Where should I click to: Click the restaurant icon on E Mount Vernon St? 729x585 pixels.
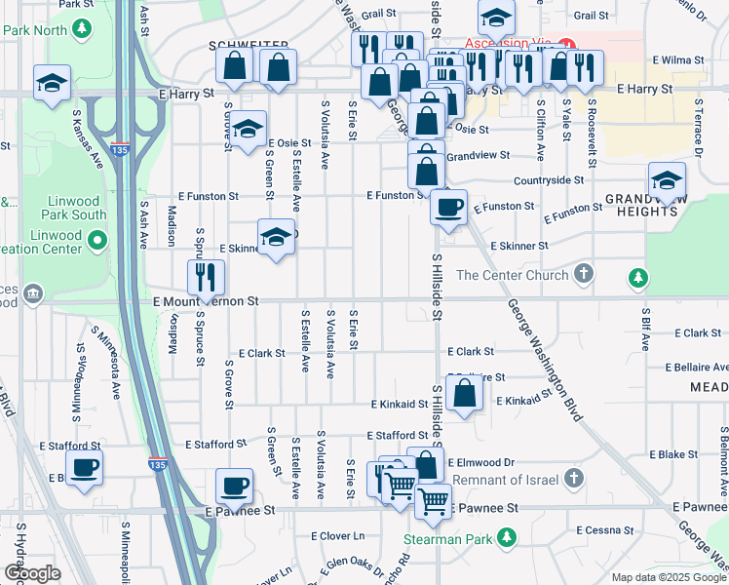[x=206, y=276]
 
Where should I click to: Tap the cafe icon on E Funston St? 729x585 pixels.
[x=447, y=207]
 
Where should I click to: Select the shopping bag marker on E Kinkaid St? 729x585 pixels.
[x=466, y=392]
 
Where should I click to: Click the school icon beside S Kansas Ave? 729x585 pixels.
[x=52, y=83]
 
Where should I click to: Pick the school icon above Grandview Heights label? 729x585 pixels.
[x=667, y=180]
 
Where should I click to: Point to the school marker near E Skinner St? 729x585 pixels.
[x=276, y=237]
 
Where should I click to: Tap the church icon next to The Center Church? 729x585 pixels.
[x=583, y=274]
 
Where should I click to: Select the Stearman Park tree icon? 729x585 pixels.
[x=506, y=536]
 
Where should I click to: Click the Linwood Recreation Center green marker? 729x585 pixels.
[x=96, y=239]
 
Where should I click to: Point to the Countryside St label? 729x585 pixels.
[x=549, y=180]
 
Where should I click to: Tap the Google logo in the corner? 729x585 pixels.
[x=32, y=573]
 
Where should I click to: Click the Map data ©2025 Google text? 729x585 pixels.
[x=668, y=577]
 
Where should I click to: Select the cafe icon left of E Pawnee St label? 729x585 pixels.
[x=234, y=485]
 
